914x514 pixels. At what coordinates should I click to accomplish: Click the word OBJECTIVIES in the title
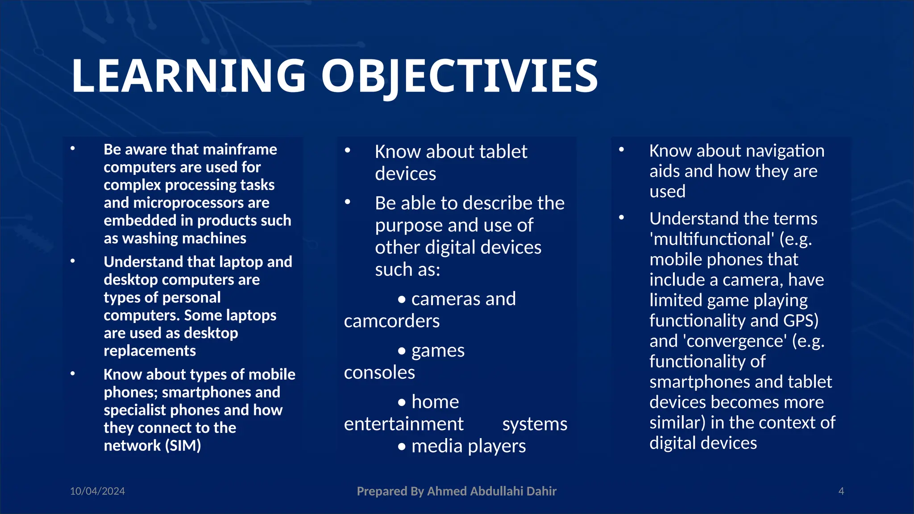tap(460, 77)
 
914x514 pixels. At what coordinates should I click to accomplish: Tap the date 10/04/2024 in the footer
tap(97, 491)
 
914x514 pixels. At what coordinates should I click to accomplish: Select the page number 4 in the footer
tap(841, 491)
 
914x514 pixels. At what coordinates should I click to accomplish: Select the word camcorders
tap(391, 321)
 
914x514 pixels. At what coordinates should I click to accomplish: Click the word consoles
tap(379, 373)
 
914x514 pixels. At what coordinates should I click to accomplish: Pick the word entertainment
tap(403, 424)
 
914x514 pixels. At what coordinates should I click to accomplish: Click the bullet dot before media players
tap(402, 447)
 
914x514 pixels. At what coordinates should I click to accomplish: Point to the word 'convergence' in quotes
tap(735, 341)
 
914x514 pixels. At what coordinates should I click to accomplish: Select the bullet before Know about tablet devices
tap(347, 151)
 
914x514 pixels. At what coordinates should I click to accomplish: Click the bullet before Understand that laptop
tap(73, 261)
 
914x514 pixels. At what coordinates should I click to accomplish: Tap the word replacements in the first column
tap(150, 351)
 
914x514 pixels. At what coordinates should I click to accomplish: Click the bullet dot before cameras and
tap(402, 299)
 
